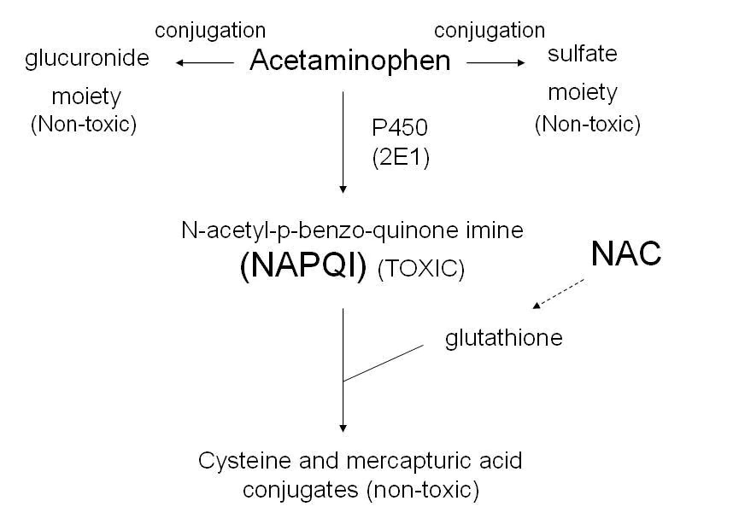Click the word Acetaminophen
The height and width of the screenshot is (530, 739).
pyautogui.click(x=349, y=61)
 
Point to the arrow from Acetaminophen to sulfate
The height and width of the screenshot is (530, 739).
pyautogui.click(x=496, y=61)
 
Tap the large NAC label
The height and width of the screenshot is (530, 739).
pyautogui.click(x=626, y=253)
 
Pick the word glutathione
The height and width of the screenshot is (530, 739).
pyautogui.click(x=504, y=337)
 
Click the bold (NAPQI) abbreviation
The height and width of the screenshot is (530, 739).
pyautogui.click(x=303, y=267)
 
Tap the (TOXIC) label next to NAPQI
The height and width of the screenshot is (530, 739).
pyautogui.click(x=420, y=270)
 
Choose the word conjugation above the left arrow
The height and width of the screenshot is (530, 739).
pyautogui.click(x=210, y=30)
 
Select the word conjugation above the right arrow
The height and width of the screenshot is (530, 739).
pyautogui.click(x=490, y=30)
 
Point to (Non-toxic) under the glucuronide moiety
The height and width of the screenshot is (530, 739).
pyautogui.click(x=84, y=125)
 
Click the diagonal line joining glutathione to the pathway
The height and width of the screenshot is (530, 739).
pyautogui.click(x=384, y=363)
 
